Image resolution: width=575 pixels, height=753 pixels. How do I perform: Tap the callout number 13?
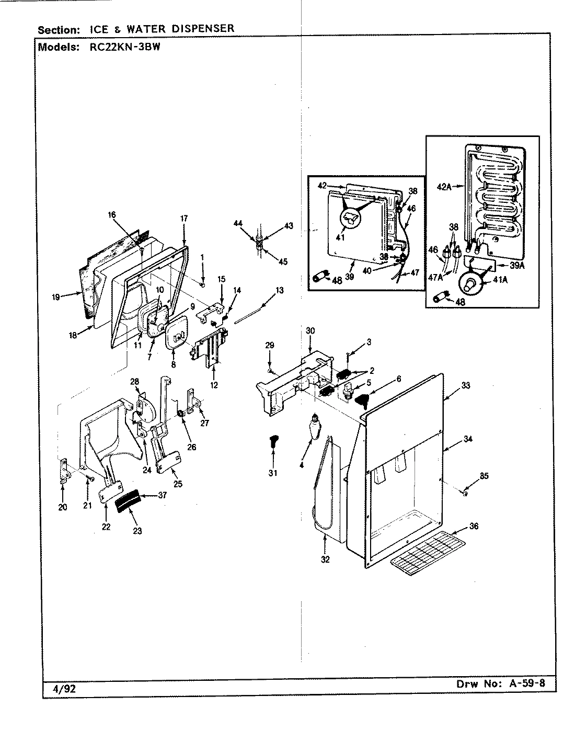pos(280,290)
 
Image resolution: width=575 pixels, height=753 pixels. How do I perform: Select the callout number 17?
pos(183,218)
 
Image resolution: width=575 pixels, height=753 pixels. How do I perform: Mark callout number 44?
pos(238,223)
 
